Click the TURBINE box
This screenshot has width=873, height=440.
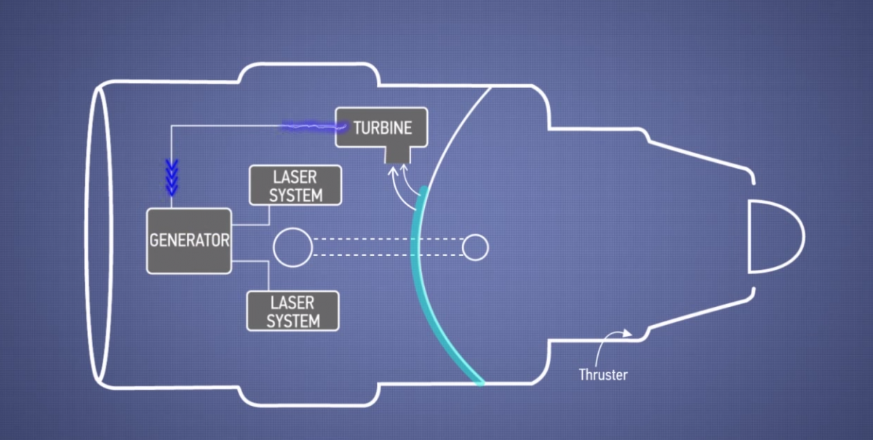pyautogui.click(x=381, y=128)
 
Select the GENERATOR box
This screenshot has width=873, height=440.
pyautogui.click(x=189, y=241)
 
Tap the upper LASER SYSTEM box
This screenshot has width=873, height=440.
pyautogui.click(x=295, y=185)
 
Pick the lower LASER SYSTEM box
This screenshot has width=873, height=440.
pyautogui.click(x=293, y=311)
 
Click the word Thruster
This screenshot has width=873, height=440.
pyautogui.click(x=603, y=375)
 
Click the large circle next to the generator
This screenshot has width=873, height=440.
pyautogui.click(x=292, y=247)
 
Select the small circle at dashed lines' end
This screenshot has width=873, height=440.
pyautogui.click(x=475, y=247)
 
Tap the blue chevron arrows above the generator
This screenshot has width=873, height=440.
pyautogui.click(x=172, y=179)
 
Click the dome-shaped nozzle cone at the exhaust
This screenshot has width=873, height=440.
pyautogui.click(x=775, y=236)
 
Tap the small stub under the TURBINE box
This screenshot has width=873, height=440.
pyautogui.click(x=396, y=153)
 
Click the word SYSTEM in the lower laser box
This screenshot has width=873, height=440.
pyautogui.click(x=293, y=321)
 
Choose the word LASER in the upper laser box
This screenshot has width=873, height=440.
pyautogui.click(x=295, y=177)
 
